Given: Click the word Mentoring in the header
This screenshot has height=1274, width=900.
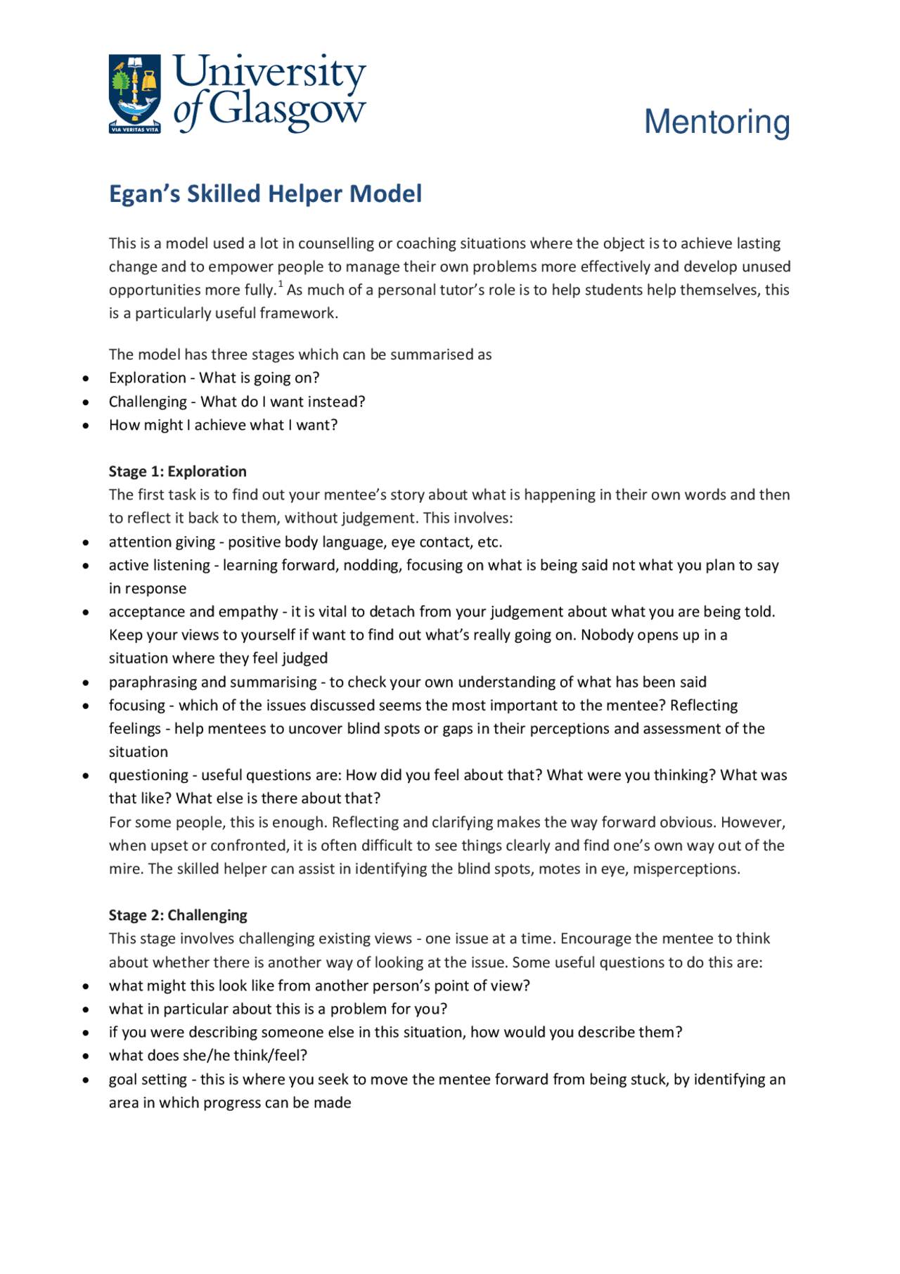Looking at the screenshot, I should coord(716,122).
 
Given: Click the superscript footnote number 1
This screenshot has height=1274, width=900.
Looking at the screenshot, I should coord(281,285).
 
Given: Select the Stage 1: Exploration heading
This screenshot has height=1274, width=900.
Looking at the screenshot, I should coord(177,471).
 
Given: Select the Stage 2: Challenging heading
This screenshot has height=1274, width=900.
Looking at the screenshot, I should coord(177,915).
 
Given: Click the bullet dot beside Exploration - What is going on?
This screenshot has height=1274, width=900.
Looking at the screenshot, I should coord(86,378).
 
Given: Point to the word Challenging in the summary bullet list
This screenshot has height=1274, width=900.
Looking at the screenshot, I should coord(147,402).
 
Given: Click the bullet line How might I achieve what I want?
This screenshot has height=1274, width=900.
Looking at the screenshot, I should coord(223,425).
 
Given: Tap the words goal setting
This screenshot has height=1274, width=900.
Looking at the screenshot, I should coord(148,1079).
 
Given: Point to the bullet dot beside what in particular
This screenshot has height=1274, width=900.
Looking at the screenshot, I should coord(86,1009).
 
